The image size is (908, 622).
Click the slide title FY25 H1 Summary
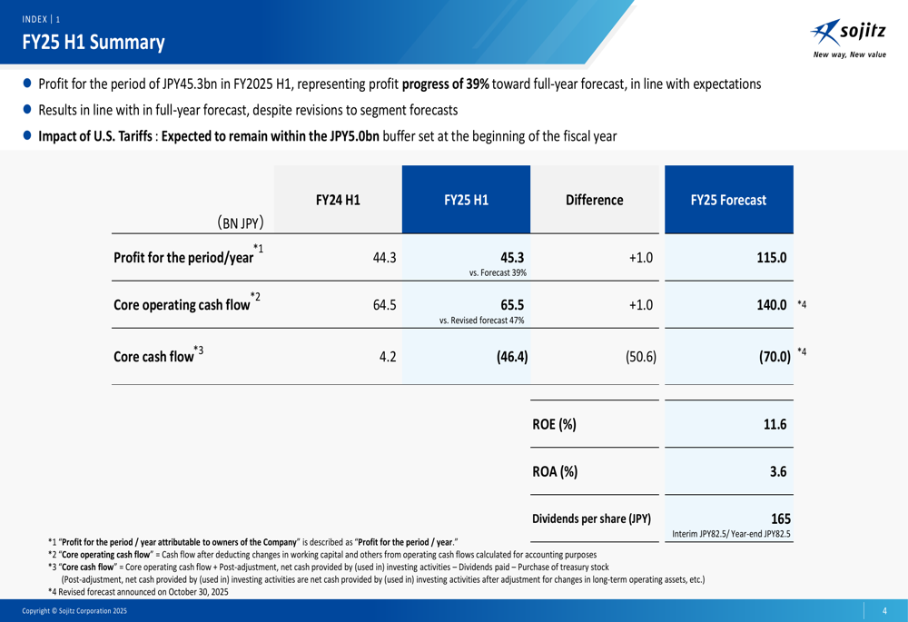tap(94, 42)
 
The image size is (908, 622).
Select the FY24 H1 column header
tap(338, 200)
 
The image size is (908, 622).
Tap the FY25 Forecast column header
tap(728, 200)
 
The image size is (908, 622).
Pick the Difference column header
tap(594, 200)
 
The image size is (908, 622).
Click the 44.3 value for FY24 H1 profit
tap(385, 257)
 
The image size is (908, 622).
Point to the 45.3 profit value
tap(512, 256)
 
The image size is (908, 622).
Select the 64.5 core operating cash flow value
tap(385, 305)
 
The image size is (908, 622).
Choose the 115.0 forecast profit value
tap(771, 257)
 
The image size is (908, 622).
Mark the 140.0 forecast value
tap(771, 305)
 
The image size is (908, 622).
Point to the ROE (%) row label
tap(554, 424)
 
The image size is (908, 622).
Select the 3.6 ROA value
tap(777, 471)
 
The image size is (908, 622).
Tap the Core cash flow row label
tap(153, 356)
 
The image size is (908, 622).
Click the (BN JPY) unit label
tap(241, 222)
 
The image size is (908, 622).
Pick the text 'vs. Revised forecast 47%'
tap(482, 320)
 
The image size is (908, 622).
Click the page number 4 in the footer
tap(883, 611)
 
